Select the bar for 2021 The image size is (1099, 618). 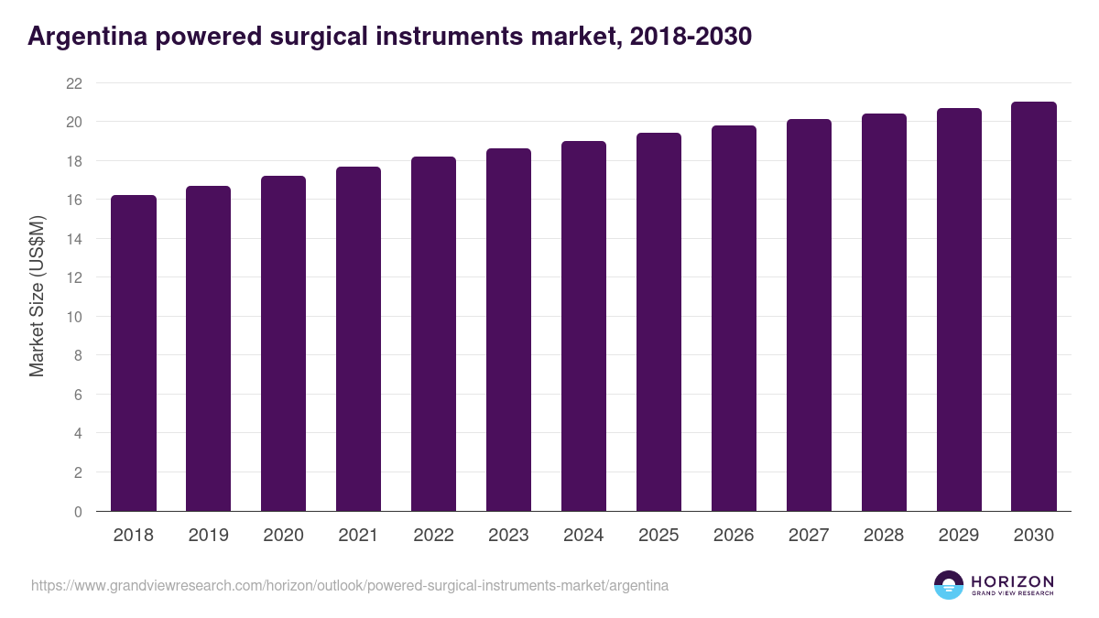(358, 339)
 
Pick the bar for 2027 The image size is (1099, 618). (809, 315)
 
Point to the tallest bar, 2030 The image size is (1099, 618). (1034, 307)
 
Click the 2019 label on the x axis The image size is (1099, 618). (209, 536)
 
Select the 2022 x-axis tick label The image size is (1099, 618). (433, 536)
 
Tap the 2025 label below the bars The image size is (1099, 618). (658, 536)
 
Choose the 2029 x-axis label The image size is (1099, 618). (959, 536)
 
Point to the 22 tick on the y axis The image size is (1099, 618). (74, 83)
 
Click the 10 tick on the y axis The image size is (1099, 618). (74, 317)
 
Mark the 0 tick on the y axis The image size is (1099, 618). (78, 512)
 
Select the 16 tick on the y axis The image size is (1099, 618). (74, 201)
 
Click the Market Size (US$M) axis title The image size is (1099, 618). (37, 296)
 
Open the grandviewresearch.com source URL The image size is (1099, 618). (350, 585)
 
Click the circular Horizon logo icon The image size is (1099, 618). (949, 585)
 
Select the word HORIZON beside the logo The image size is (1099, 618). (1012, 581)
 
